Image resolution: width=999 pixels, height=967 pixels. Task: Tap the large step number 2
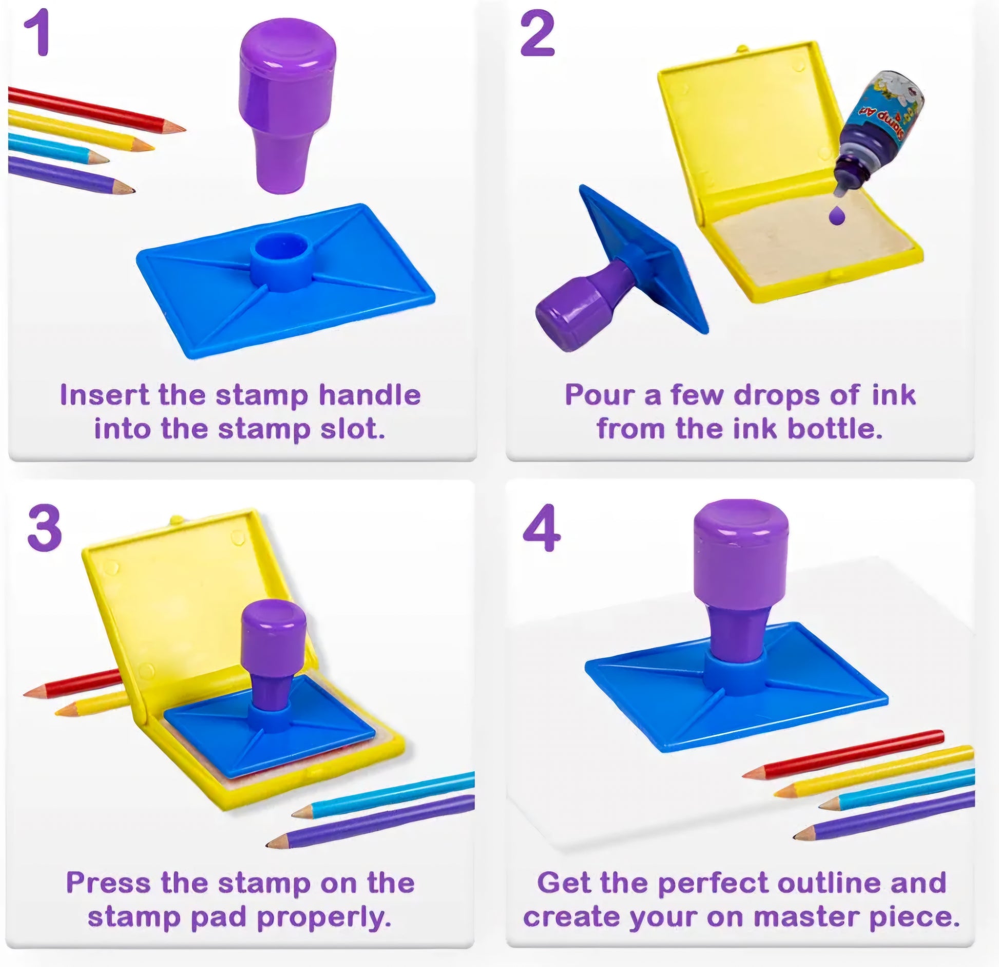pyautogui.click(x=537, y=35)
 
